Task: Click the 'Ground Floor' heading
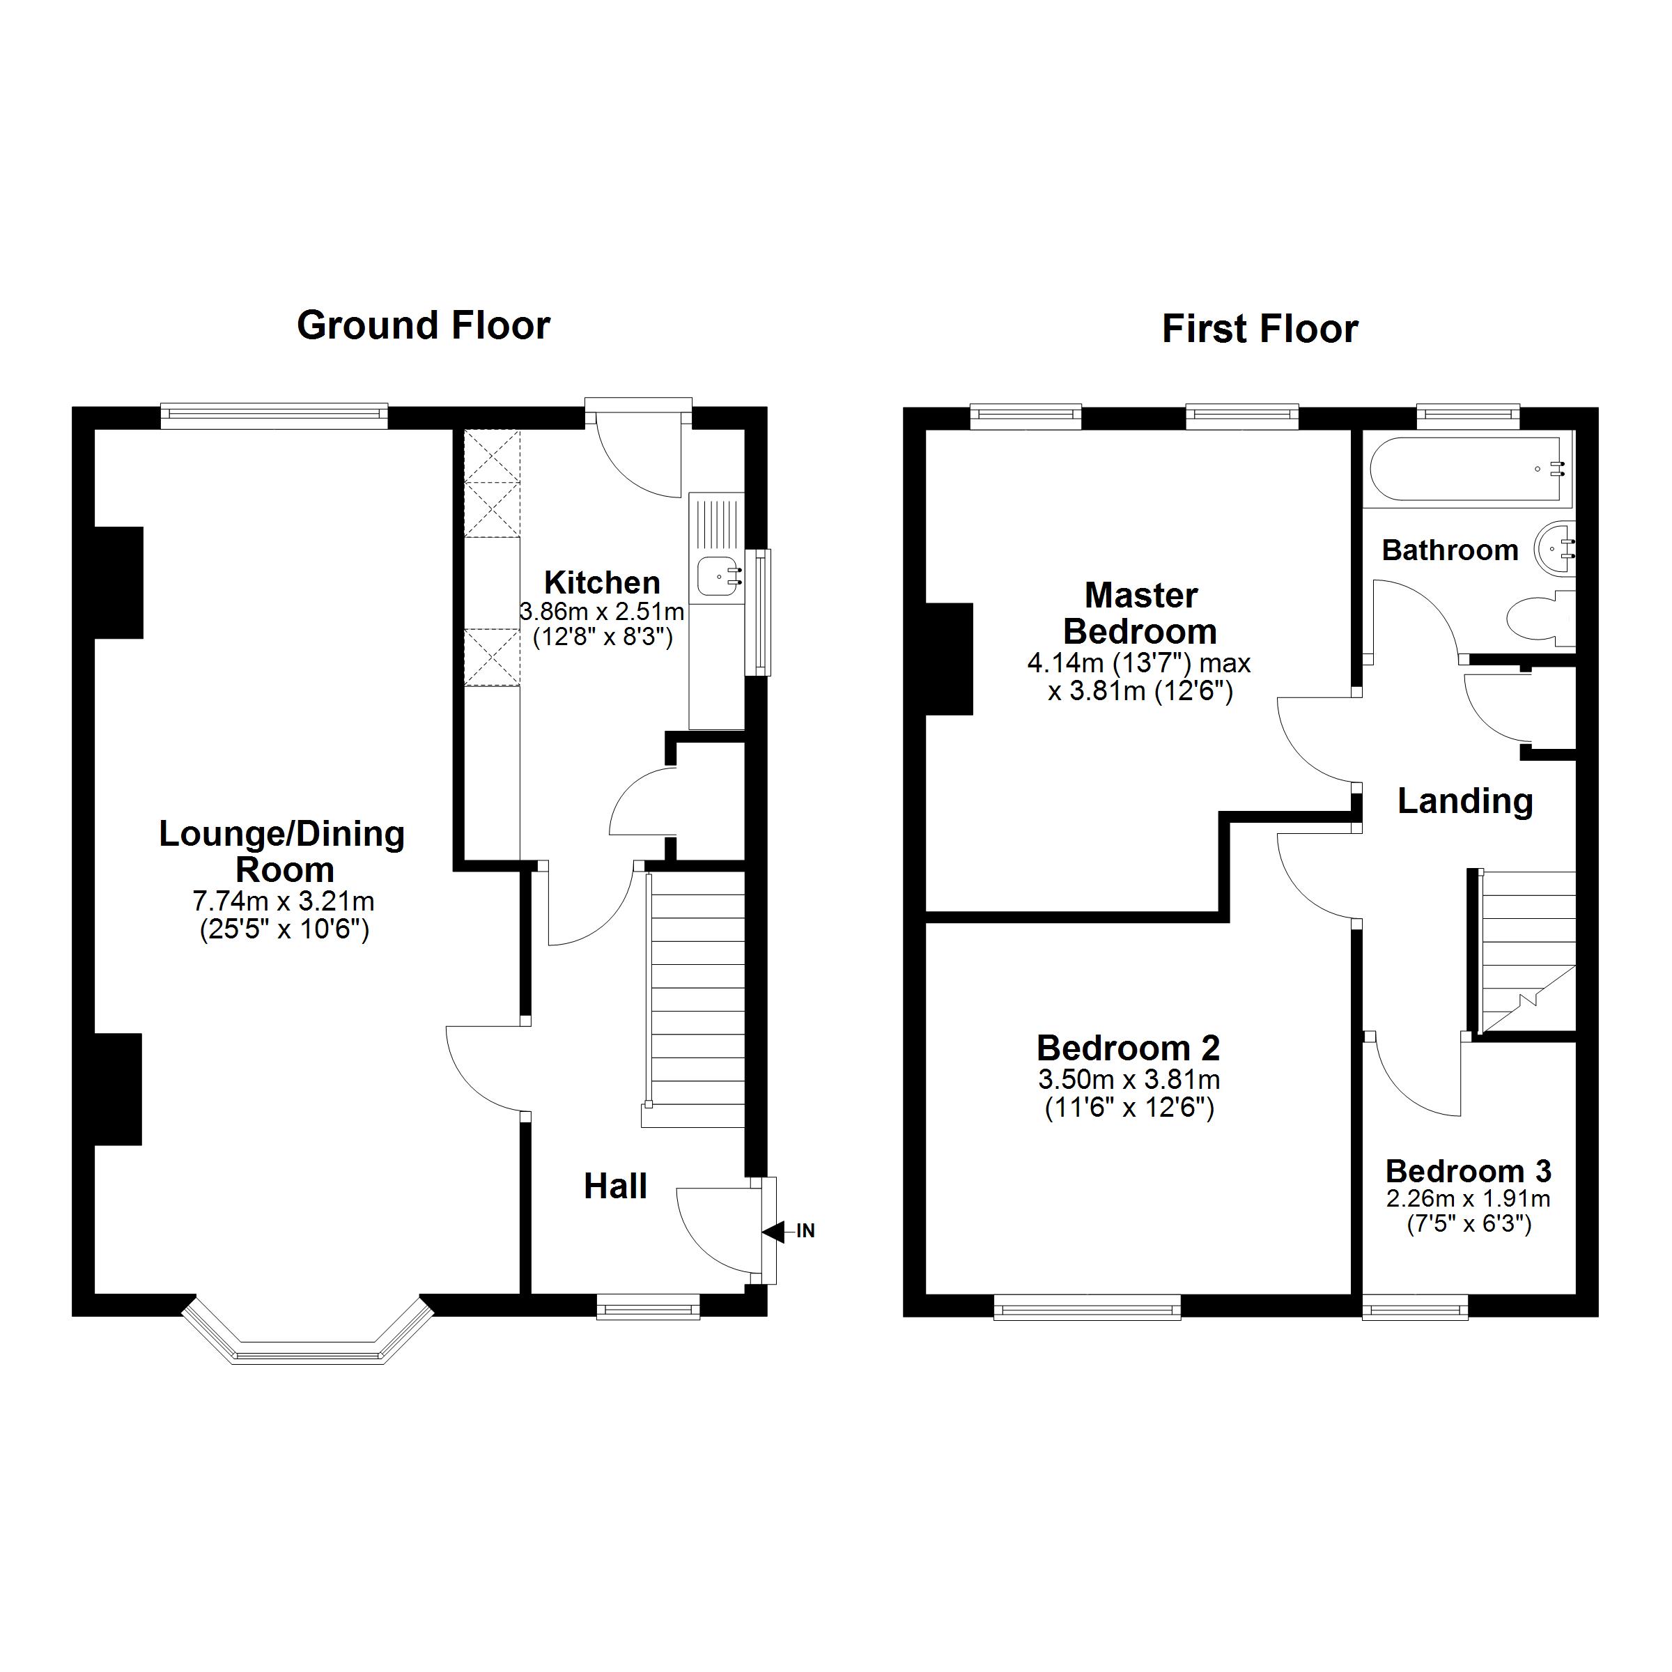point(423,326)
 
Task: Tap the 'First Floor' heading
point(1260,330)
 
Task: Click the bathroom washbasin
point(1554,548)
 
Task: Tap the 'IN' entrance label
point(806,1230)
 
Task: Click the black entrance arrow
point(773,1230)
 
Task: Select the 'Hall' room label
point(615,1186)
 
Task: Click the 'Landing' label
point(1465,801)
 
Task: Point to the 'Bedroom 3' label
point(1469,1171)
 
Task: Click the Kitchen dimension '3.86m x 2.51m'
point(601,612)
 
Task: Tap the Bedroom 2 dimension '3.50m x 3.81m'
point(1129,1079)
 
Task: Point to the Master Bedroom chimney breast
point(950,658)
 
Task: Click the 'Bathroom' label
point(1450,550)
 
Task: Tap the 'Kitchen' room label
point(601,582)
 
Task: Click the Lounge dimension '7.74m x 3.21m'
point(283,901)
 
